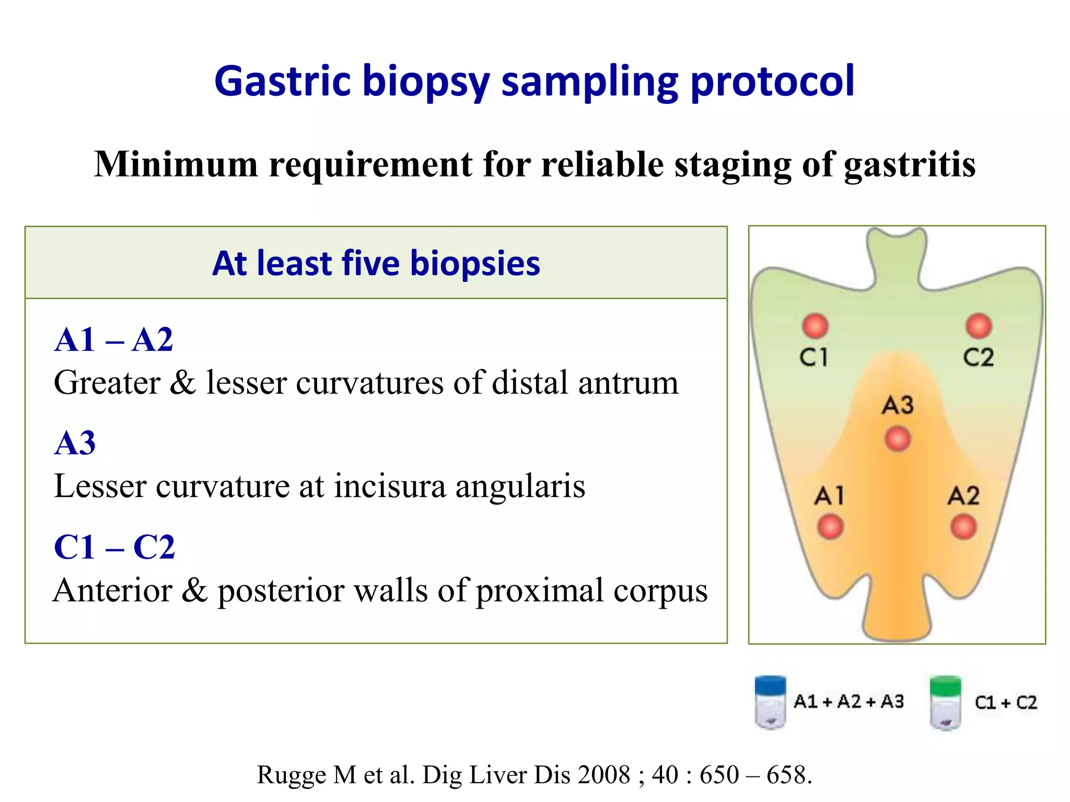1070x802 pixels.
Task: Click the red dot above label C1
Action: click(815, 326)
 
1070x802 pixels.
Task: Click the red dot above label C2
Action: click(979, 326)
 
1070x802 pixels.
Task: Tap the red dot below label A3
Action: click(898, 439)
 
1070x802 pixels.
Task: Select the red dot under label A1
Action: click(830, 526)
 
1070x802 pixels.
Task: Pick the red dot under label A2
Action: click(963, 526)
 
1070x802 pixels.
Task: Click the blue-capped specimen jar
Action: click(770, 702)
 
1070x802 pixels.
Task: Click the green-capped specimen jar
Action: click(945, 703)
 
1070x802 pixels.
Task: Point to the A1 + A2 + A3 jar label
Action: click(848, 701)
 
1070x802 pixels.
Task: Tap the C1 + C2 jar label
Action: click(1005, 702)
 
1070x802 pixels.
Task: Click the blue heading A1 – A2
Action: click(113, 340)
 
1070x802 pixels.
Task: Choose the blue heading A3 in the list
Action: click(75, 443)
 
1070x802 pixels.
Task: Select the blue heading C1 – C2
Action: click(114, 547)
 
